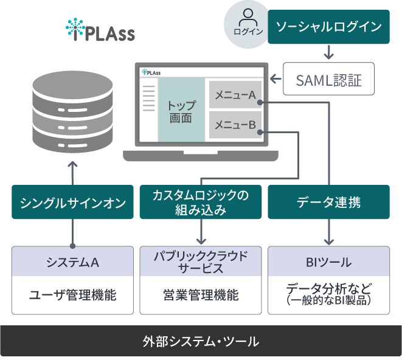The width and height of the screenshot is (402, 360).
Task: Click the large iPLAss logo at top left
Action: click(100, 30)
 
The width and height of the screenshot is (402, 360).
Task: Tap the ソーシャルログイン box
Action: click(328, 27)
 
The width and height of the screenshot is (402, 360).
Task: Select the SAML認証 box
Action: click(328, 78)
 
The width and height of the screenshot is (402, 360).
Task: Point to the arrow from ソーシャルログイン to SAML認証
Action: click(328, 52)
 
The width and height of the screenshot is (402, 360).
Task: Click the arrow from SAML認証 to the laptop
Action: click(276, 78)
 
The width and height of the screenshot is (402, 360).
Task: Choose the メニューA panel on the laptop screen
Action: click(235, 95)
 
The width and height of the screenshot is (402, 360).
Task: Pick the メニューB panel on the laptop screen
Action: click(235, 125)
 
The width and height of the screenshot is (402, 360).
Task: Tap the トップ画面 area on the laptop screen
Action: click(181, 109)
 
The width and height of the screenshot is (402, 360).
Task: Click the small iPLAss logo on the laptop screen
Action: click(151, 72)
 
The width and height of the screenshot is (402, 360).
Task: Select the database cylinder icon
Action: click(72, 112)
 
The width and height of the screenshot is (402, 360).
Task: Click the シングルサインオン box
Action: click(72, 202)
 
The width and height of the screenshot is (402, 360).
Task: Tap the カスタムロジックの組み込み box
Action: click(201, 202)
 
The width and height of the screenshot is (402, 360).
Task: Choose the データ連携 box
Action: click(328, 202)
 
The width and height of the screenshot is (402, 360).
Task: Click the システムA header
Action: click(72, 261)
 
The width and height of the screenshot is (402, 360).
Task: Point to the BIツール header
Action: click(328, 261)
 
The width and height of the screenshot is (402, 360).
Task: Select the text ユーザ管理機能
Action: click(72, 295)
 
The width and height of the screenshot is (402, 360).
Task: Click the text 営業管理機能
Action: click(201, 295)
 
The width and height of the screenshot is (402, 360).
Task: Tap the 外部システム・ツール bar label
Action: click(201, 341)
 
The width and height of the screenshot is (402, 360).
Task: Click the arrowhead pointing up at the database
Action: click(72, 164)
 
